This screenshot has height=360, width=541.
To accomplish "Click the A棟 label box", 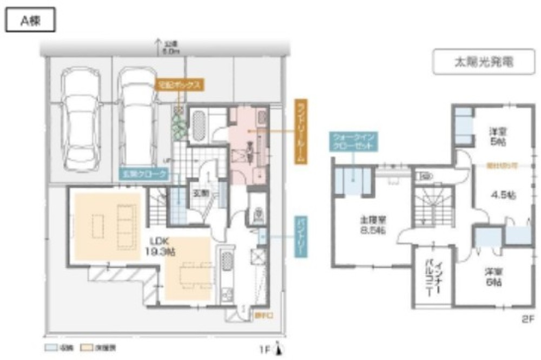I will click(30, 21).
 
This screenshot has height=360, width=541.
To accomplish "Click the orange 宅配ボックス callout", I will click(180, 84).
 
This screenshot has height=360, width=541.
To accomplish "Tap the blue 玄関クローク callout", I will click(143, 174).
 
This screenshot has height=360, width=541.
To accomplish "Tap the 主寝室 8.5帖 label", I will click(373, 226).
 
